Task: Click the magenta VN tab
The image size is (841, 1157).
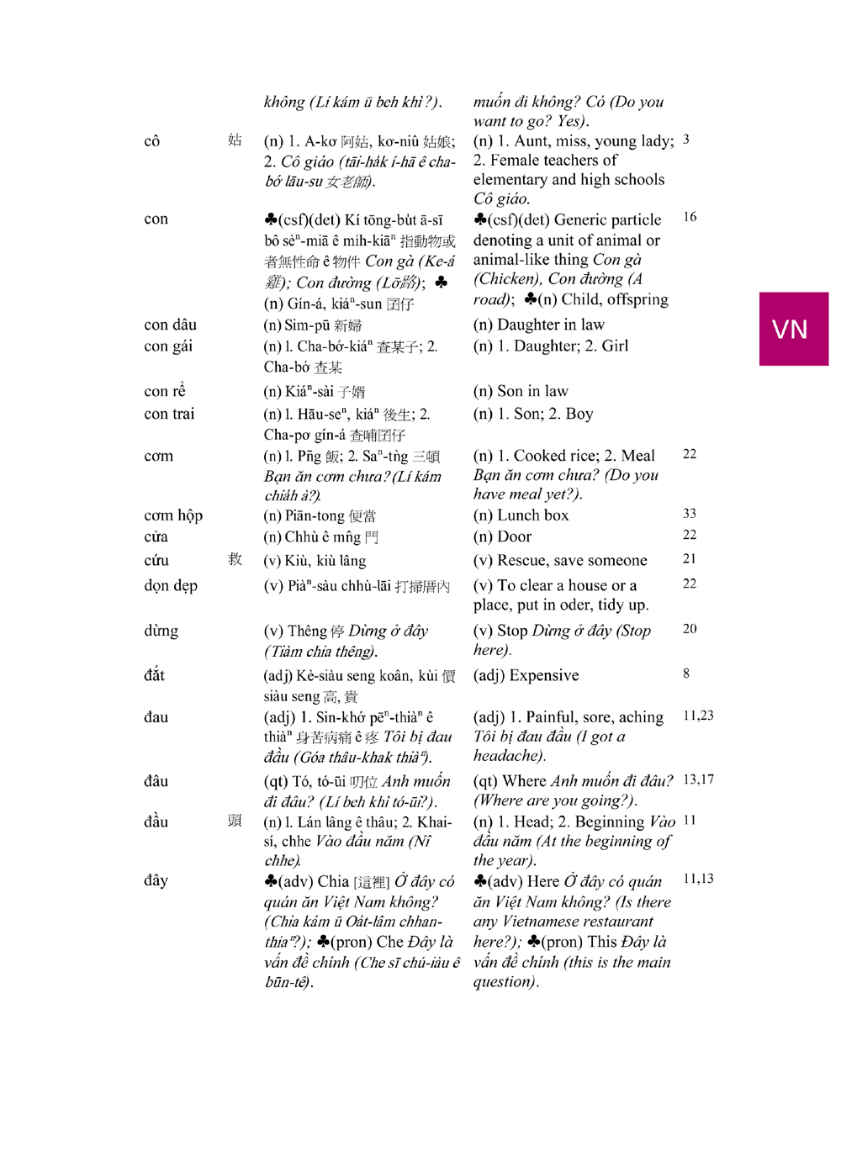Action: pyautogui.click(x=793, y=329)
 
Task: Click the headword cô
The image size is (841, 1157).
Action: pyautogui.click(x=151, y=141)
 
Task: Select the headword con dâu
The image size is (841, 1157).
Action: pyautogui.click(x=170, y=325)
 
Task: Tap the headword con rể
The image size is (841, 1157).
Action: pyautogui.click(x=165, y=391)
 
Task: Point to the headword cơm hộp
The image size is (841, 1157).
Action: pyautogui.click(x=173, y=515)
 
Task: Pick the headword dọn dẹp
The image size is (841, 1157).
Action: pyautogui.click(x=171, y=585)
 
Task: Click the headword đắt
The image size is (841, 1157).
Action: pyautogui.click(x=155, y=675)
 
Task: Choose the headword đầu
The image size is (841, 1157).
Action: pyautogui.click(x=156, y=822)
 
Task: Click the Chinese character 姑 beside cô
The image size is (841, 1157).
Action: pyautogui.click(x=235, y=140)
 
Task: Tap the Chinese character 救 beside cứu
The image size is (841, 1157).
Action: pyautogui.click(x=235, y=559)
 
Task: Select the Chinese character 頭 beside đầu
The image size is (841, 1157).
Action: pyautogui.click(x=235, y=821)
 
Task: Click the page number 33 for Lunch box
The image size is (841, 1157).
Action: pyautogui.click(x=690, y=514)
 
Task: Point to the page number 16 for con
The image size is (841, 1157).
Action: pyautogui.click(x=690, y=217)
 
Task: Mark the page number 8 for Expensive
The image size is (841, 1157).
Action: pyautogui.click(x=686, y=674)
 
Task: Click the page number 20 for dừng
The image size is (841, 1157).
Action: pyautogui.click(x=690, y=629)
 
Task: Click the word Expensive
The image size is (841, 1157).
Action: pyautogui.click(x=544, y=676)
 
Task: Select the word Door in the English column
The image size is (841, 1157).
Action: pyautogui.click(x=515, y=537)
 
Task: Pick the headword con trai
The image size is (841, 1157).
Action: pyautogui.click(x=169, y=414)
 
